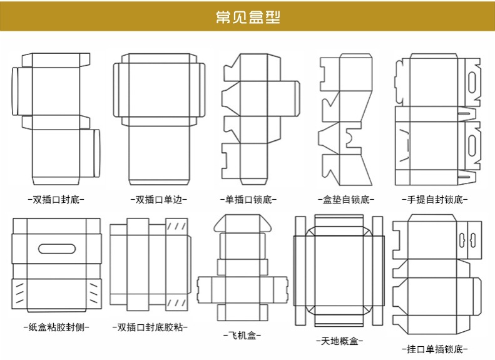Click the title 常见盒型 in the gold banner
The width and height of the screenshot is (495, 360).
pos(247,17)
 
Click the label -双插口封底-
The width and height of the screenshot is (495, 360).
pos(56,200)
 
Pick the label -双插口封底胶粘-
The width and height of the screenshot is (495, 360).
pos(151,327)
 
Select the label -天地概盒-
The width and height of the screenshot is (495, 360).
pos(339,341)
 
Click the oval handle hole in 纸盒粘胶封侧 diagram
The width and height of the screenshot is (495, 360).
pos(56,248)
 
